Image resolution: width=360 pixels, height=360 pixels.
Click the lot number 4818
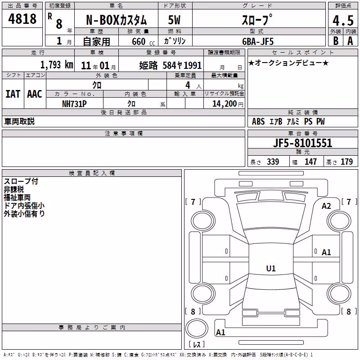coord(22,19)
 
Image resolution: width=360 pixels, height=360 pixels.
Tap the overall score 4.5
coord(343,20)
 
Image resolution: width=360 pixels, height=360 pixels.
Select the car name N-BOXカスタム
coord(116,20)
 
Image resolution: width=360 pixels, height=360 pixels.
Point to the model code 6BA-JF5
coord(258,41)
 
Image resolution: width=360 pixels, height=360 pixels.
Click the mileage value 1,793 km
coord(57,65)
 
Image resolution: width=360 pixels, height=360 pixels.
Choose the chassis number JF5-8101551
coord(302,143)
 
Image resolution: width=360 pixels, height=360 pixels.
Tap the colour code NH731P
coord(74,104)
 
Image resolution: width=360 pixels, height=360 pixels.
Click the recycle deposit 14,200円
coord(228,104)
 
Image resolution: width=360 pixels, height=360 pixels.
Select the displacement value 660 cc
coord(143,42)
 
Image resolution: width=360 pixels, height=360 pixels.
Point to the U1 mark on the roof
coord(271,268)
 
